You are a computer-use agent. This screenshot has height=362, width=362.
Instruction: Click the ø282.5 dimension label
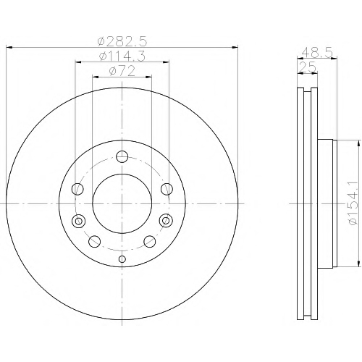pyautogui.click(x=122, y=42)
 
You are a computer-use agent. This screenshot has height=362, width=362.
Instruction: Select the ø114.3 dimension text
pyautogui.click(x=122, y=56)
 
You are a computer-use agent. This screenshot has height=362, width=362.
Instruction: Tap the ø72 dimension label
pyautogui.click(x=122, y=71)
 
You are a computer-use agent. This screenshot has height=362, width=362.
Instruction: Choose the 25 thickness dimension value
pyautogui.click(x=307, y=67)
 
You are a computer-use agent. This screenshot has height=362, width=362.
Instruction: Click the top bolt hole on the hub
pyautogui.click(x=122, y=156)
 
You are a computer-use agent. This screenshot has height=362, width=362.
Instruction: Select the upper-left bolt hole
pyautogui.click(x=78, y=188)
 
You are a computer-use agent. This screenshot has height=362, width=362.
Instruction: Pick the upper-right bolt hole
pyautogui.click(x=167, y=188)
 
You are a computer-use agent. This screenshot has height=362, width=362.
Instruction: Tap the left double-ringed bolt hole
pyautogui.click(x=78, y=221)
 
